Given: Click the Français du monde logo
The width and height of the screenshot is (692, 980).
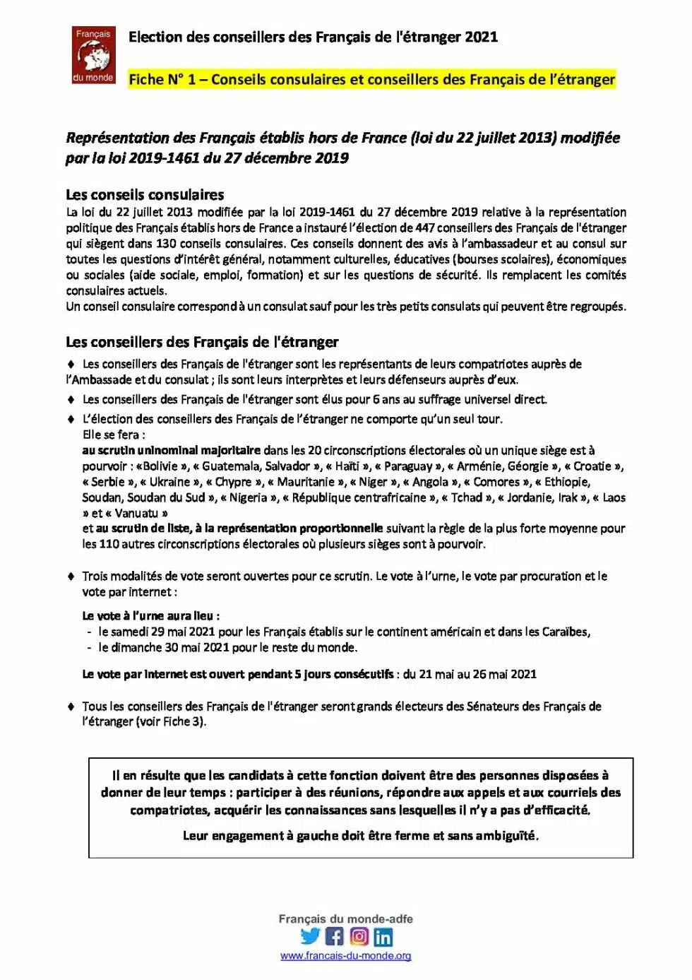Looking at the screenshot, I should click(93, 54).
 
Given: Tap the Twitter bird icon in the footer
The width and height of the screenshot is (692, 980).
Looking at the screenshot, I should click(310, 937).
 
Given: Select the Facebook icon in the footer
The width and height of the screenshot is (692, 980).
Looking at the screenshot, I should click(335, 937).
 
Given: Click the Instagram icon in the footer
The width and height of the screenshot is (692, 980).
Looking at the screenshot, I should click(359, 937).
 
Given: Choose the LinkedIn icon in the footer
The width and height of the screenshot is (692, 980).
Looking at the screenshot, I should click(383, 937).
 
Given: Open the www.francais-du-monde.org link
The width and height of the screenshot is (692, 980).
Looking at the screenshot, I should click(345, 956).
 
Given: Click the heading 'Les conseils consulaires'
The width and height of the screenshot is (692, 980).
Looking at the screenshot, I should click(145, 195).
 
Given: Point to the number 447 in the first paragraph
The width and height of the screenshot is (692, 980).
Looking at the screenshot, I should click(425, 228).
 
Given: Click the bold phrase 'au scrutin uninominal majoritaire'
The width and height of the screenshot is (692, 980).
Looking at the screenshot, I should click(172, 451).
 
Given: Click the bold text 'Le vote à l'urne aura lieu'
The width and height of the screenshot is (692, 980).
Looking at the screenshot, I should click(150, 616).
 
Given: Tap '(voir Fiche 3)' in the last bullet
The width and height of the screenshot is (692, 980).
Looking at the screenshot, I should click(171, 722).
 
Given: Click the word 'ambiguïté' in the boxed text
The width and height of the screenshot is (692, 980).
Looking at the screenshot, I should click(506, 836).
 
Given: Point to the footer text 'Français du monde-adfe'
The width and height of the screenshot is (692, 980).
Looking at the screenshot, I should click(345, 919).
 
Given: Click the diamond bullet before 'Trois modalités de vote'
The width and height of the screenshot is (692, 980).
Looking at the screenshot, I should click(71, 577).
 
